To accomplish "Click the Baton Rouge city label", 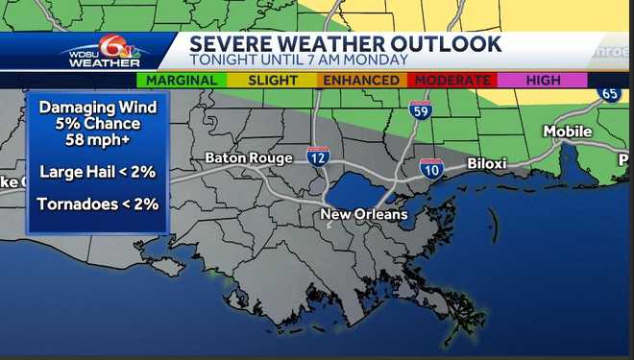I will pyautogui.click(x=248, y=158).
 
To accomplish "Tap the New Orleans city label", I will pyautogui.click(x=363, y=214).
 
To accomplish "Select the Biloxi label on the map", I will pyautogui.click(x=486, y=163).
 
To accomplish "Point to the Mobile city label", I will pyautogui.click(x=568, y=132).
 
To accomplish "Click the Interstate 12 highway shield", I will pyautogui.click(x=318, y=156).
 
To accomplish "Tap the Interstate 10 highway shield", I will pyautogui.click(x=431, y=170).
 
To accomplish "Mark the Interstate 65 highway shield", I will pyautogui.click(x=609, y=94).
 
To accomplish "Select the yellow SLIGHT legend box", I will pyautogui.click(x=272, y=81).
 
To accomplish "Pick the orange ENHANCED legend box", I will pyautogui.click(x=360, y=81).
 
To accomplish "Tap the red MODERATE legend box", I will pyautogui.click(x=451, y=81).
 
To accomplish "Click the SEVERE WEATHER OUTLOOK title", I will pyautogui.click(x=345, y=44).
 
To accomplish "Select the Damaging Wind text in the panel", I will pyautogui.click(x=98, y=108).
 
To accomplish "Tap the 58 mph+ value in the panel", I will pyautogui.click(x=98, y=140).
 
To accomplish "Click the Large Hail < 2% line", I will pyautogui.click(x=98, y=173).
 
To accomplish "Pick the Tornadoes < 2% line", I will pyautogui.click(x=98, y=204).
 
